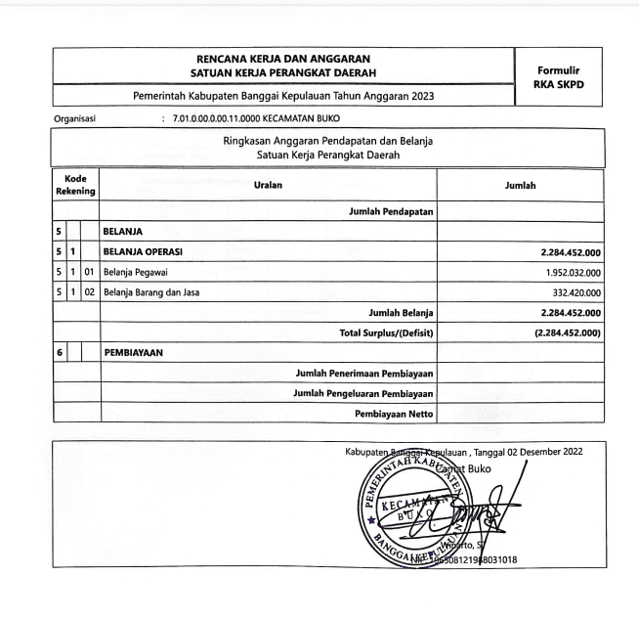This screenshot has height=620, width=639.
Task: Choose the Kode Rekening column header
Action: click(x=74, y=184)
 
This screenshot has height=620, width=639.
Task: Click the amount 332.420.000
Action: click(x=572, y=292)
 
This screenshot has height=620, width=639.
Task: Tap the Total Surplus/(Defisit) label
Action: click(x=386, y=333)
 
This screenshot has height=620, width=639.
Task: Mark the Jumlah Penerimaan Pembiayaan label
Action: click(x=363, y=374)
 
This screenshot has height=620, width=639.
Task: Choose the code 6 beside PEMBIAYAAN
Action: click(x=59, y=354)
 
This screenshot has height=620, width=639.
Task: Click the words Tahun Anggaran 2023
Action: click(x=386, y=96)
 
